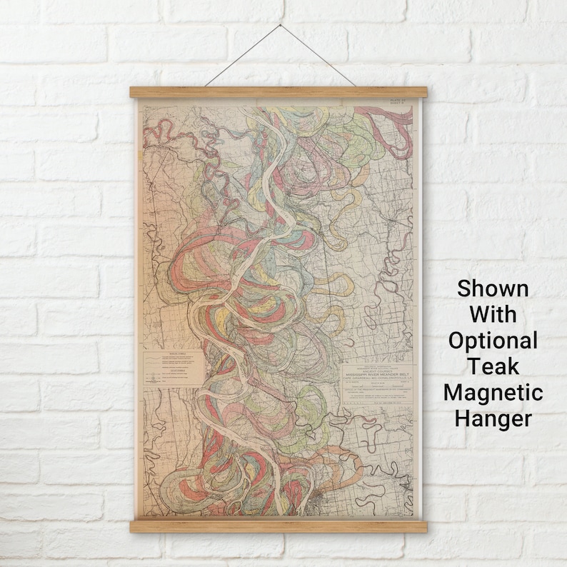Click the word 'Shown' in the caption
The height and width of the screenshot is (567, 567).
pyautogui.click(x=493, y=289)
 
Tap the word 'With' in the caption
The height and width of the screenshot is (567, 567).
pyautogui.click(x=493, y=315)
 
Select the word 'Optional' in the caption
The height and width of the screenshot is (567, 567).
pyautogui.click(x=493, y=341)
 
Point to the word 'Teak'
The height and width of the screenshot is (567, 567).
pyautogui.click(x=493, y=366)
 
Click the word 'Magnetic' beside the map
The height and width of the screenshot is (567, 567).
pyautogui.click(x=493, y=391)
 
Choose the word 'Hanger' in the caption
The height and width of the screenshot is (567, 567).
pyautogui.click(x=493, y=417)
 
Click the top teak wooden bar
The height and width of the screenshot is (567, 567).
pyautogui.click(x=279, y=92)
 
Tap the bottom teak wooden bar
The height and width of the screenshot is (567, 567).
pyautogui.click(x=279, y=527)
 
